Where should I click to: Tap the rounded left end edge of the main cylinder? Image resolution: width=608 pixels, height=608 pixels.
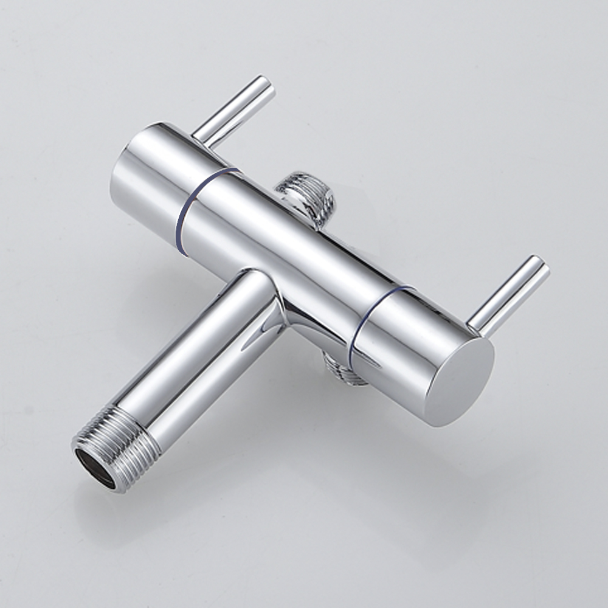pyautogui.click(x=116, y=182)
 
